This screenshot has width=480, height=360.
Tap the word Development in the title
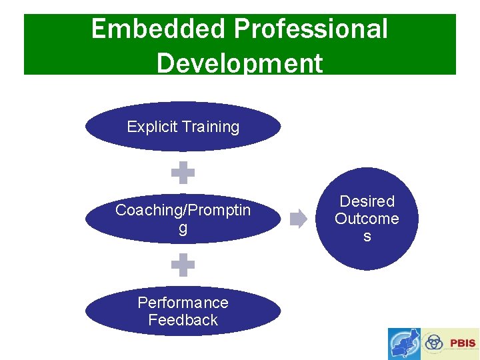coord(239,64)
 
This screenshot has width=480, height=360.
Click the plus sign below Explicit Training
coord(183,174)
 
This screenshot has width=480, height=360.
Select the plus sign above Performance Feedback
coord(183,265)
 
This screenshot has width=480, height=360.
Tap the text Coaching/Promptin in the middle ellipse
coord(183,210)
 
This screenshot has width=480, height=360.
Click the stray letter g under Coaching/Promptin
coord(183,229)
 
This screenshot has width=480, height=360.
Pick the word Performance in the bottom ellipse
coord(183,303)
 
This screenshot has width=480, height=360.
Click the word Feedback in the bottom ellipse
coord(183,320)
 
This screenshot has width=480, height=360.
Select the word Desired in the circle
coord(367,201)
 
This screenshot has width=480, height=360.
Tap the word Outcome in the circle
coord(367,219)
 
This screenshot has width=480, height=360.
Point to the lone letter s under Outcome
coord(367,237)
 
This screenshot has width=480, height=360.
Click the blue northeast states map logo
coord(405,343)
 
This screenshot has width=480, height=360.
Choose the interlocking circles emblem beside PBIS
coord(435,342)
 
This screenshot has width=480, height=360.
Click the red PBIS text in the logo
coord(463,343)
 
